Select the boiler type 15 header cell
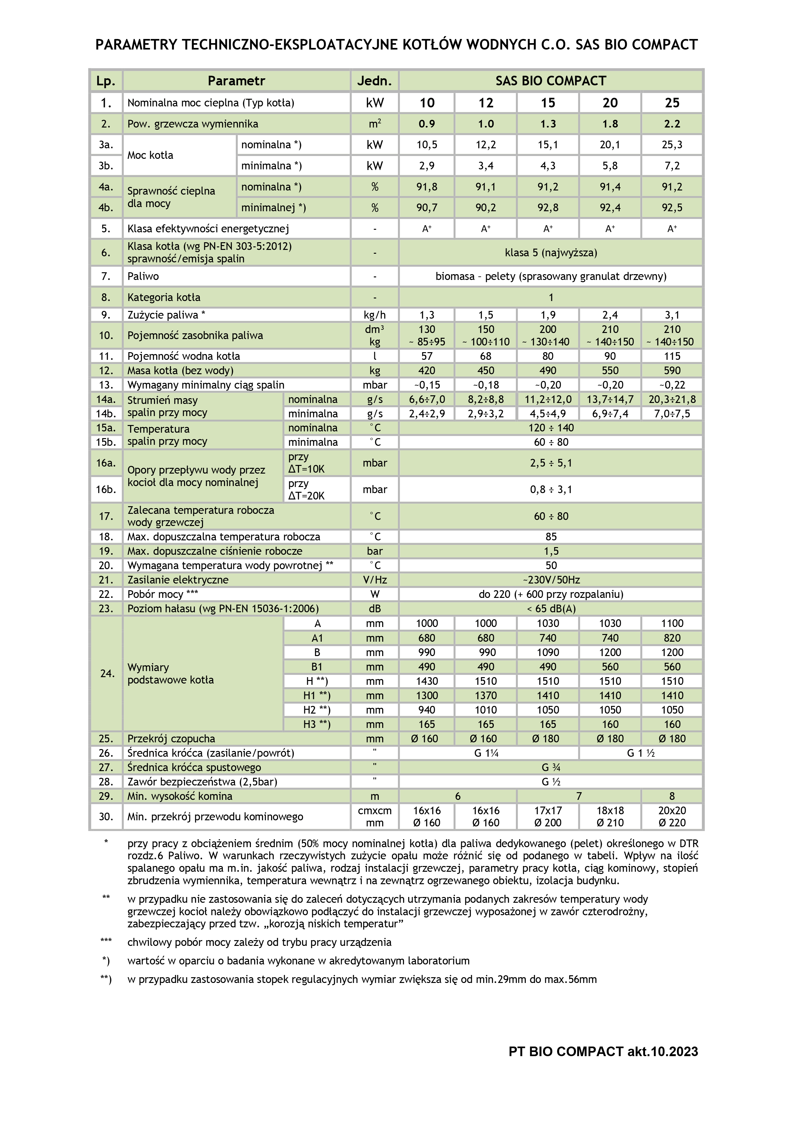pyautogui.click(x=548, y=103)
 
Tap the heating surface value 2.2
pyautogui.click(x=672, y=124)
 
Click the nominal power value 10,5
pyautogui.click(x=427, y=145)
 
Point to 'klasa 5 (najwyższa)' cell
pyautogui.click(x=551, y=252)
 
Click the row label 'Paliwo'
pyautogui.click(x=143, y=276)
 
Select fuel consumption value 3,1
pyautogui.click(x=672, y=315)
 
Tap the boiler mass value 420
pyautogui.click(x=427, y=371)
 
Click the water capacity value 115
pyautogui.click(x=672, y=356)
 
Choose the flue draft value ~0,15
pyautogui.click(x=427, y=385)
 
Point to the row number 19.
pyautogui.click(x=106, y=551)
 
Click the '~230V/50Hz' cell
pyautogui.click(x=551, y=580)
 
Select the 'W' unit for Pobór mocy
pyautogui.click(x=375, y=594)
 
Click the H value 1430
pyautogui.click(x=427, y=681)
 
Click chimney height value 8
pyautogui.click(x=672, y=796)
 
